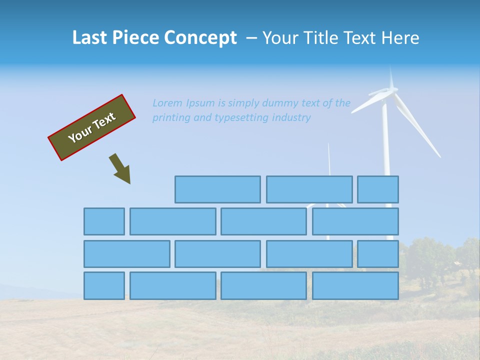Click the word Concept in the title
pos(200,37)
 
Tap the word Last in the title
pos(90,37)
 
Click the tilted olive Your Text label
pos(91,127)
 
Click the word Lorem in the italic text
pos(168,103)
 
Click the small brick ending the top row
pos(378,189)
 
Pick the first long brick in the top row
pos(217,189)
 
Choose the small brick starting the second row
pos(104,221)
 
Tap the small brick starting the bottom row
pos(104,285)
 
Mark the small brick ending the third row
pos(378,253)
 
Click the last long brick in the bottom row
pos(355,285)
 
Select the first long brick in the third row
pos(126,253)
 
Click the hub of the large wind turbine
pos(385,93)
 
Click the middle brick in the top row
pos(309,189)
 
